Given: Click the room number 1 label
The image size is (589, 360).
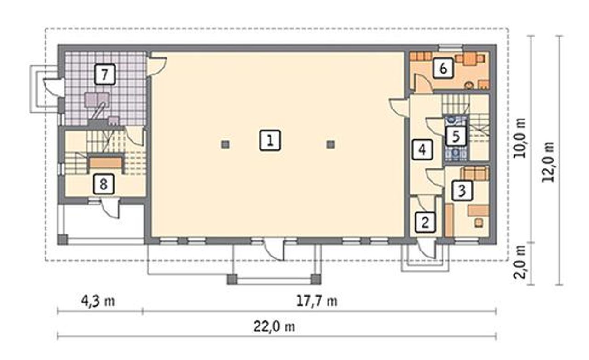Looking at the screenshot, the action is [x=270, y=140].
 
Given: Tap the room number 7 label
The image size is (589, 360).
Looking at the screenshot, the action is [x=104, y=74].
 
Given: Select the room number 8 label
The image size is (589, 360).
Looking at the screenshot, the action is [x=104, y=184].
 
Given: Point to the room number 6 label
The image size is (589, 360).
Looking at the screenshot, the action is [x=443, y=68].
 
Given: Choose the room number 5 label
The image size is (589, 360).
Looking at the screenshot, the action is [x=456, y=136].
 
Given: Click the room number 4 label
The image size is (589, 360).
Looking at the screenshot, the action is [x=422, y=149].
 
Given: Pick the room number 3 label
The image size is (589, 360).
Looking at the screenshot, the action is [x=462, y=190].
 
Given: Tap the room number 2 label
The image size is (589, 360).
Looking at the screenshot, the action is [x=425, y=222].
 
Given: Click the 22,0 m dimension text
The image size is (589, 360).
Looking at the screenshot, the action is [x=274, y=327].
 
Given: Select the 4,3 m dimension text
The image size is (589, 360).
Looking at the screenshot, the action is [x=98, y=301].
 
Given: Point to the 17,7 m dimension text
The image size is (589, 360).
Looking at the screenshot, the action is [x=317, y=301].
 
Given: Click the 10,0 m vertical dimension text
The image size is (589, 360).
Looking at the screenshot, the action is [x=520, y=138].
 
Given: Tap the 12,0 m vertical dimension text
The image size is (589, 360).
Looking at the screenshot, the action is [x=548, y=162].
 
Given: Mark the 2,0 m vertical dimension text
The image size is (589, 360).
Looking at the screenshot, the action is [x=520, y=262].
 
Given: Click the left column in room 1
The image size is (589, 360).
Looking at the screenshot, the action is [x=225, y=144].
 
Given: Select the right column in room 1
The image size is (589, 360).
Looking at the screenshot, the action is [x=330, y=144].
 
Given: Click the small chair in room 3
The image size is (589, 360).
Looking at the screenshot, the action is [x=479, y=223].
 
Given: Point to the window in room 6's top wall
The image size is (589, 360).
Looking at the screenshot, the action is [x=450, y=48].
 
